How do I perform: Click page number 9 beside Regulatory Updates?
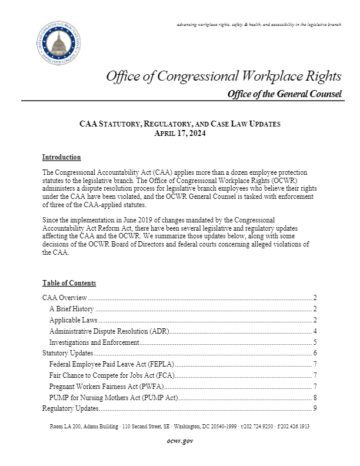click(314, 436)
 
